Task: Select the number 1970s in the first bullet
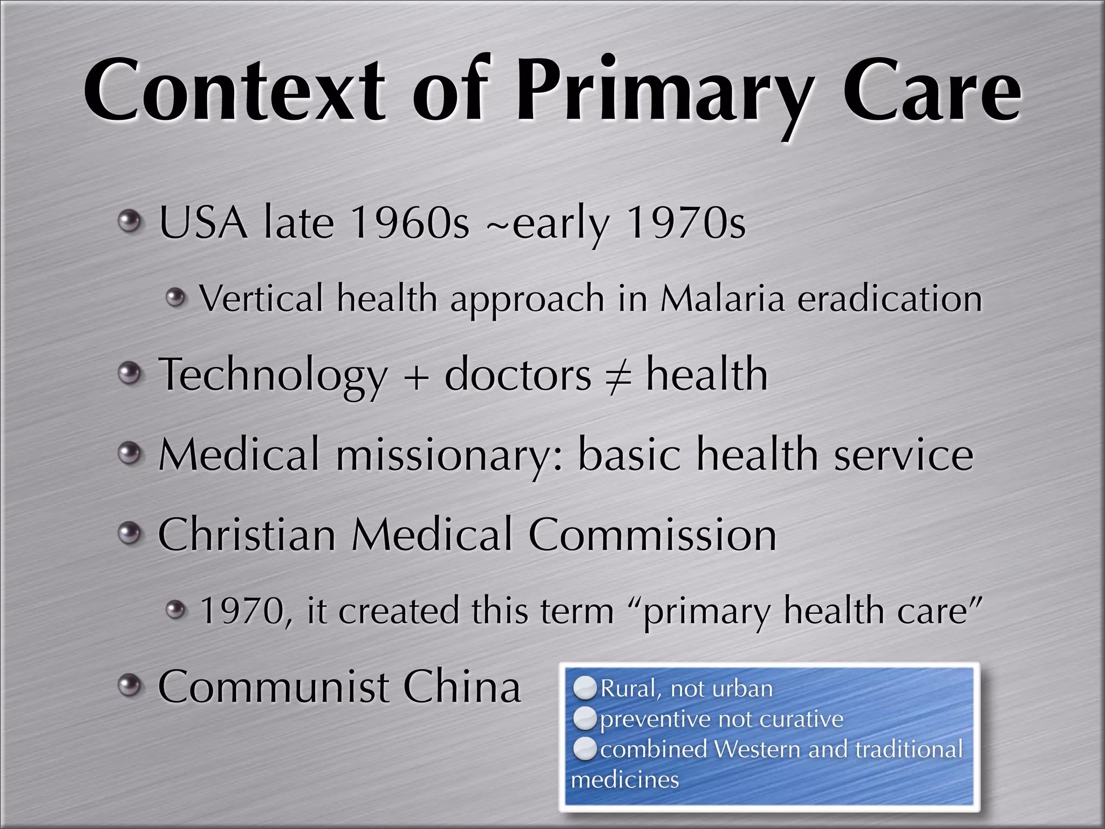point(686,222)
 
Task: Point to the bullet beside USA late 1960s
point(129,221)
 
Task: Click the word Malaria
point(722,298)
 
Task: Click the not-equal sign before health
point(618,376)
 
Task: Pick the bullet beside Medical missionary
point(129,453)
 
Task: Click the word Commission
point(652,535)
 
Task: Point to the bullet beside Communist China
point(129,686)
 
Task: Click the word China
point(462,687)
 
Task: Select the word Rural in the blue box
point(627,689)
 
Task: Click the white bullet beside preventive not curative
point(585,719)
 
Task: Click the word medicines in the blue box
point(625,780)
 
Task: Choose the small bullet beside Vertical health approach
point(175,297)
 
